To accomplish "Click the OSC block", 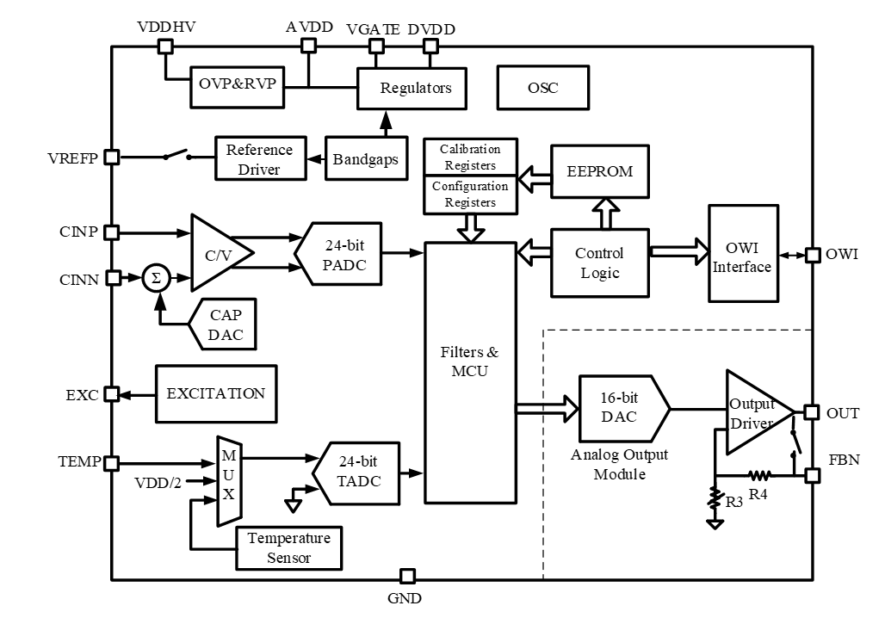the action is (542, 88).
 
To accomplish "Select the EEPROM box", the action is (599, 171).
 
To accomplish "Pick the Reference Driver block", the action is (259, 158).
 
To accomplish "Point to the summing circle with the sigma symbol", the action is (157, 278).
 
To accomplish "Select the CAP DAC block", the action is (225, 324).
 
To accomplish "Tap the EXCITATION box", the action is (216, 393).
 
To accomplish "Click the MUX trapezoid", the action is (228, 479).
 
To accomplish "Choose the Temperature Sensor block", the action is (288, 548).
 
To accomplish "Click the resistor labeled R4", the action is (760, 474).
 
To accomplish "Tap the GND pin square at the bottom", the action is (408, 576).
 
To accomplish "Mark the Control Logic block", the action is (599, 263).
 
